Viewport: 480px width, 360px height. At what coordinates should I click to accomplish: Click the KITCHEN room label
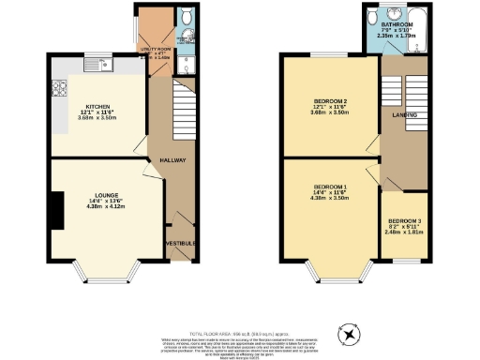tap(98, 107)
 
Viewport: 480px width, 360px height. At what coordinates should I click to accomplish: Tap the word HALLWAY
tap(173, 160)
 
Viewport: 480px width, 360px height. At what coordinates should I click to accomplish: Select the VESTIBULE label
tap(180, 244)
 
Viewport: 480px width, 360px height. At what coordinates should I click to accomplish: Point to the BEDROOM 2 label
tap(331, 100)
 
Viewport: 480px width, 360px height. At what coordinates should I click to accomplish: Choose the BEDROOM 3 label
tap(405, 221)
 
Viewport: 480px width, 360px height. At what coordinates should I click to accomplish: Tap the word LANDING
tap(391, 116)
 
